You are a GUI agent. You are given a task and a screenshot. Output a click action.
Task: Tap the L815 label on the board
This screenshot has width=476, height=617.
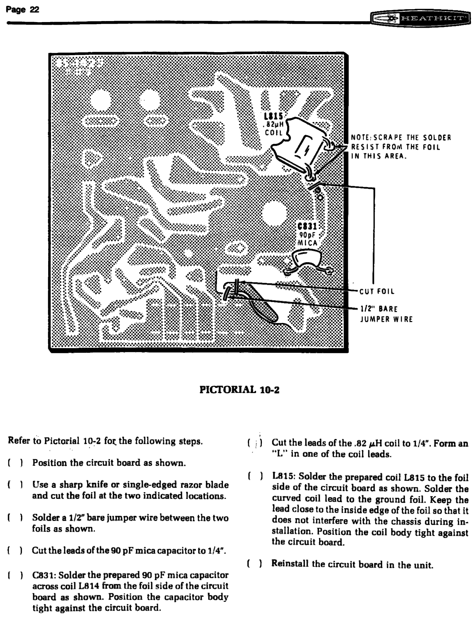[273, 117]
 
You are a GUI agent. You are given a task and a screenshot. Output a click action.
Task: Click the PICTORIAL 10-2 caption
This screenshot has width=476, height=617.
[239, 390]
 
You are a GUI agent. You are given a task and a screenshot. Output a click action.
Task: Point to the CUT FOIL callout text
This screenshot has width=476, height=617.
[377, 291]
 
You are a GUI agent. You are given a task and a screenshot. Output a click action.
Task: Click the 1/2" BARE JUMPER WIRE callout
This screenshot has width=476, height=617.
[386, 314]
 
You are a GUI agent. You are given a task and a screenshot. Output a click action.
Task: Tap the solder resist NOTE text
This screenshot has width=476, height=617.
[401, 147]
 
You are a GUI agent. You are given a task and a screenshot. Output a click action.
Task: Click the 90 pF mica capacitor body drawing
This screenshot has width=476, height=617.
[306, 259]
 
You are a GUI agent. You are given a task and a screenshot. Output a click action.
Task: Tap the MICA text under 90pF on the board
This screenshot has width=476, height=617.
[307, 243]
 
